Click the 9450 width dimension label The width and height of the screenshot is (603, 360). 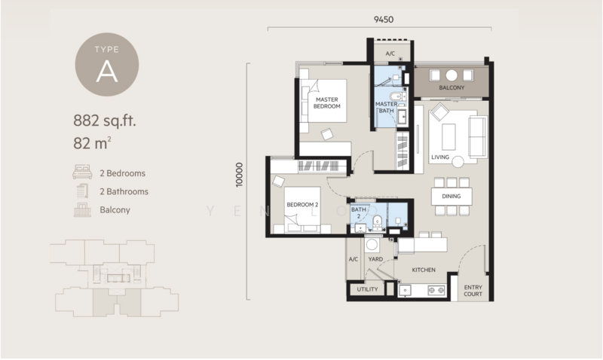pos(384,20)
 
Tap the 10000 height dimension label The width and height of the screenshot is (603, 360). pos(240,175)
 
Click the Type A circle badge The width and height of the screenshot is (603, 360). pos(107,65)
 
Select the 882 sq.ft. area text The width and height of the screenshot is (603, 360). pos(105,121)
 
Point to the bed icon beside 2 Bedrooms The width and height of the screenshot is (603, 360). pos(82,172)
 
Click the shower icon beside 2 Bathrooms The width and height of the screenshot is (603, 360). pos(82,191)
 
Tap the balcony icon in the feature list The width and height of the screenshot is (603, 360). pos(82,210)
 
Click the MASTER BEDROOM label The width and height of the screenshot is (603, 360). pos(327,103)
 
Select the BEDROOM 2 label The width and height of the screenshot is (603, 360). pos(302,205)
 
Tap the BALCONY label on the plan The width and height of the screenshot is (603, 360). pos(451,87)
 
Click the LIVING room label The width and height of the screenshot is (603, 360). pos(440,157)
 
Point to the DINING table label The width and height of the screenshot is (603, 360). pos(451,197)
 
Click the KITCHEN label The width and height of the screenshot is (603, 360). pos(424,270)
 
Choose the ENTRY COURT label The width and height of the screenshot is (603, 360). pos(473,291)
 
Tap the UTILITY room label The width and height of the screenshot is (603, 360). pos(367,289)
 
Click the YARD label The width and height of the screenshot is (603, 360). pos(375,259)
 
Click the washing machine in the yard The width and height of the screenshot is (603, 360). pos(372,245)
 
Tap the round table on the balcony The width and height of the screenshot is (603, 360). pos(451,75)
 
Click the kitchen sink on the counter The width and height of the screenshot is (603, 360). pos(405,291)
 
